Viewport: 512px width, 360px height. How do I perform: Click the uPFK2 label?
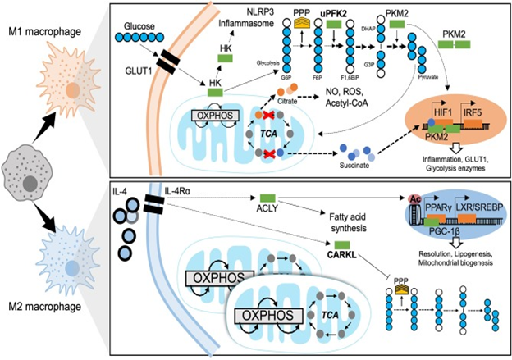335,14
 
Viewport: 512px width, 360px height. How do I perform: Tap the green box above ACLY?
267,199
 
